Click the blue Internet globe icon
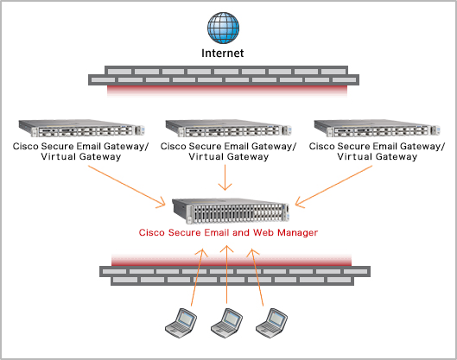coord(223,28)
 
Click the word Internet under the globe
coord(223,53)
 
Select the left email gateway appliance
coord(81,128)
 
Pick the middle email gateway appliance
coord(228,128)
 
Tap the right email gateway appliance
coord(378,128)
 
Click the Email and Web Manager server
coord(231,211)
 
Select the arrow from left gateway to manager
coord(127,186)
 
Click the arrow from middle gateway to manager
coord(225,177)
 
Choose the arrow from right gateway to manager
coord(333,186)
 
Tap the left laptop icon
coord(181,323)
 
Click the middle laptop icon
coord(226,323)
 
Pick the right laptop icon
coord(271,323)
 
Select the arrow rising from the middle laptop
coord(226,275)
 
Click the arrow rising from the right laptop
coord(257,277)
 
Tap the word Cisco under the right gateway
coord(321,146)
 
